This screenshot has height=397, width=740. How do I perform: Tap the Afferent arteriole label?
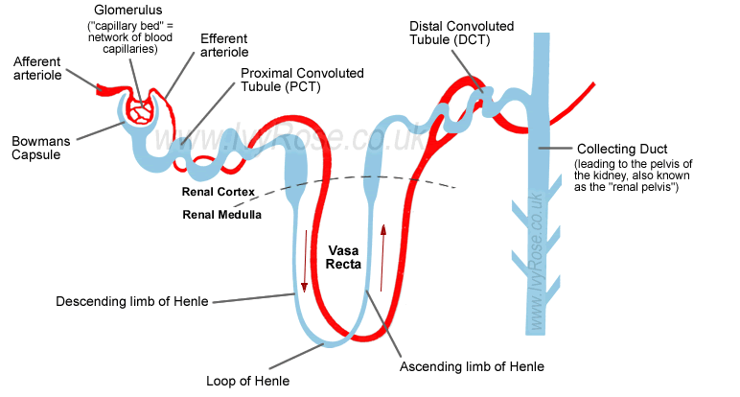pos(37,69)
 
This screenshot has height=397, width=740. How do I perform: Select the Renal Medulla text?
pos(221,214)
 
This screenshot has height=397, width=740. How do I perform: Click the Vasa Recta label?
pos(342,258)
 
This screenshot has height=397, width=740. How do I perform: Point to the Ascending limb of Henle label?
pos(471,366)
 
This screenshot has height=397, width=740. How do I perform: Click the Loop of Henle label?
pos(247,381)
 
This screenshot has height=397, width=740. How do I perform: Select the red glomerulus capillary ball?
pos(142,111)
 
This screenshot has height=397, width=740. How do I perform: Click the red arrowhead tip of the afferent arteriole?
pos(97,87)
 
